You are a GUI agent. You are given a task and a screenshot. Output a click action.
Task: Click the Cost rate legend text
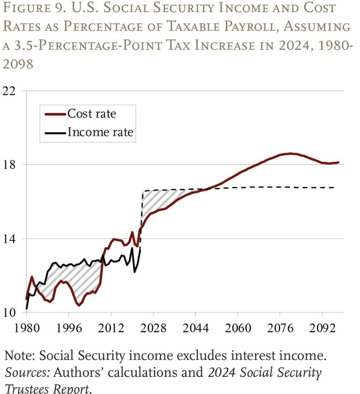pos(92,114)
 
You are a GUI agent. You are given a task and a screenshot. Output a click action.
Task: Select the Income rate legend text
pos(100,133)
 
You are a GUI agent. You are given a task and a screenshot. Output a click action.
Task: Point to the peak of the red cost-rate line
pos(291,153)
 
